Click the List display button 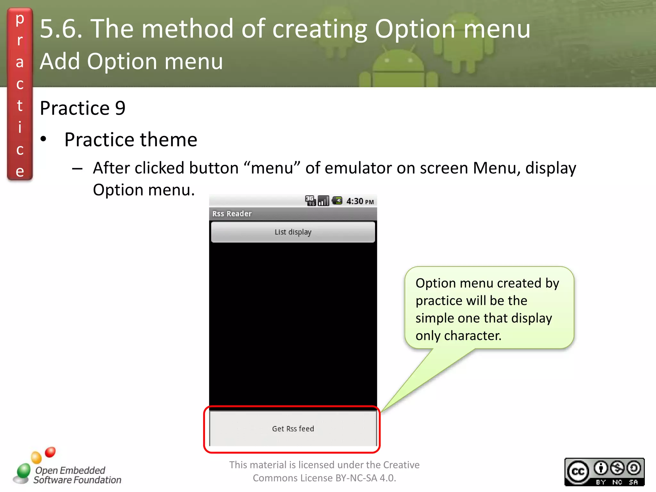pos(293,232)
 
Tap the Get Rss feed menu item pos(293,429)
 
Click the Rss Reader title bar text pos(232,214)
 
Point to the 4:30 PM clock pos(360,201)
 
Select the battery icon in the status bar pos(337,201)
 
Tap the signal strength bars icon pos(324,201)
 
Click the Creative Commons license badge pos(604,472)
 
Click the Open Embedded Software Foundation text pos(77,475)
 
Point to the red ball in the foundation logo pos(50,452)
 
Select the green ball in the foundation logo pos(23,471)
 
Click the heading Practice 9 pos(83,108)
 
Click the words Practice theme pos(131,140)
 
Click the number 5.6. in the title pos(61,29)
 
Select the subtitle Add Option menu pos(131,61)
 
